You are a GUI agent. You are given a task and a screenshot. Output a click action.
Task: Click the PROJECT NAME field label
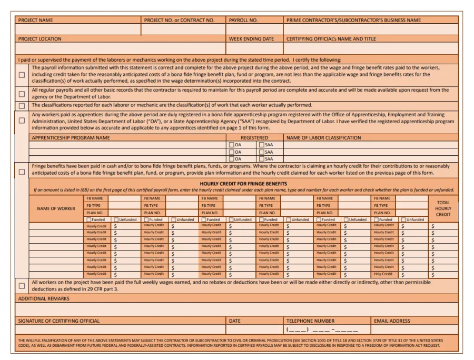[35, 21]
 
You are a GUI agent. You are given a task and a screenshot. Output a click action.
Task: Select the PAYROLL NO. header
[243, 21]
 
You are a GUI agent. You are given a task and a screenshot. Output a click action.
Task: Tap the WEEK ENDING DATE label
[251, 39]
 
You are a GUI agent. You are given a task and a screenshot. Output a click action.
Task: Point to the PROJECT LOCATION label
[39, 39]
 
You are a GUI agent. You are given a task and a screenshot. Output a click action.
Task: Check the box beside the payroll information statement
[22, 75]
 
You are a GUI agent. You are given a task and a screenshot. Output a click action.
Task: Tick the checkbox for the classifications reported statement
[22, 105]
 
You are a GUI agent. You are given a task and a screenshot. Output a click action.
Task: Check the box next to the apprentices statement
[22, 121]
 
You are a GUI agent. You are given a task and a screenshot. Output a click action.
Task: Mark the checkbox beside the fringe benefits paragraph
[22, 171]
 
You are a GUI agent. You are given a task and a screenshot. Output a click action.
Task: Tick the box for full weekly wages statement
[22, 286]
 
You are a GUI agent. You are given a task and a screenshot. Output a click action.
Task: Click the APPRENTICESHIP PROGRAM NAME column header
[71, 138]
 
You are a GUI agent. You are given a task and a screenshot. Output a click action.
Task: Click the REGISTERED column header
[254, 138]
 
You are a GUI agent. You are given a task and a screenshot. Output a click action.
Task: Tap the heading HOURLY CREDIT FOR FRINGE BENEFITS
[243, 184]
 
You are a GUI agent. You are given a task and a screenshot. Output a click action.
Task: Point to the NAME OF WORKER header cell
[56, 208]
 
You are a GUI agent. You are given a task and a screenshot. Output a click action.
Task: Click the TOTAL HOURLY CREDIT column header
[443, 208]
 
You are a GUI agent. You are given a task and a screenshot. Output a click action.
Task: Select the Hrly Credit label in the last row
[383, 274]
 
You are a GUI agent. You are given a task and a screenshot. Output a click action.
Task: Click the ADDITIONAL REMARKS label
[44, 299]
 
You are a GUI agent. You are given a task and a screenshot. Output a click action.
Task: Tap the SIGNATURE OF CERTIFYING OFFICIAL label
[58, 321]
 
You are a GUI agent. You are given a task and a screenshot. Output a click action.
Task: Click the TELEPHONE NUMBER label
[310, 321]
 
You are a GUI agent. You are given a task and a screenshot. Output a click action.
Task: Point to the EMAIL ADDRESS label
[392, 321]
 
